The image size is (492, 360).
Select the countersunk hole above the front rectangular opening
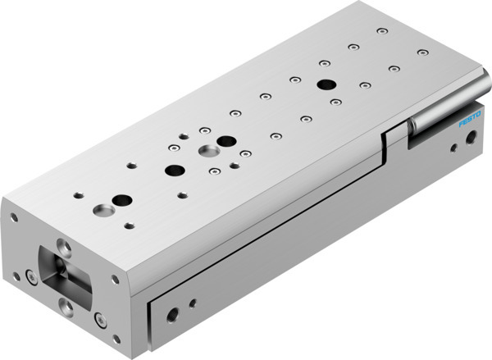pyautogui.click(x=63, y=245)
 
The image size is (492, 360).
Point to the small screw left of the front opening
pyautogui.click(x=32, y=276)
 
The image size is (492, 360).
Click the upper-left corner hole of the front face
pyautogui.click(x=14, y=218)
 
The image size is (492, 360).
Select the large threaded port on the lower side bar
pyautogui.click(x=171, y=313)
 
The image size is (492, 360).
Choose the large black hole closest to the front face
pyautogui.click(x=122, y=200)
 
